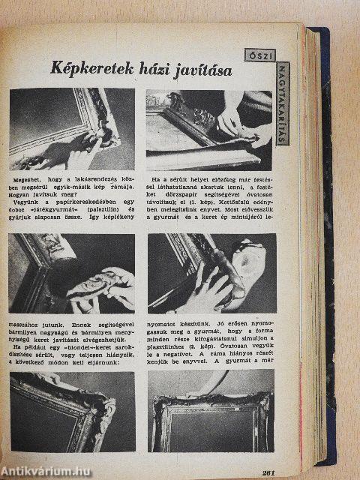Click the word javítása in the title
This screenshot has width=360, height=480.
point(198,70)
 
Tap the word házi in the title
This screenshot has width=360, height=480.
point(147,70)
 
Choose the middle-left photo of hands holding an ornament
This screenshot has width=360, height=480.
point(72,273)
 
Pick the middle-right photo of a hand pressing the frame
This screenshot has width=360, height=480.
point(211,273)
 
